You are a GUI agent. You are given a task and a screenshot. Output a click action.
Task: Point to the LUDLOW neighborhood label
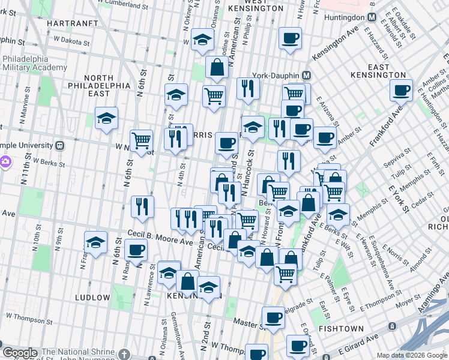(x=92, y=298)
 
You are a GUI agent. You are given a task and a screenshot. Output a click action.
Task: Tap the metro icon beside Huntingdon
(x=372, y=17)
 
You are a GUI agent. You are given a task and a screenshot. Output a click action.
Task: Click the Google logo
(x=20, y=353)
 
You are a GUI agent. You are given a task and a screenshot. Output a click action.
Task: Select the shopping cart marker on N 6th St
(x=141, y=140)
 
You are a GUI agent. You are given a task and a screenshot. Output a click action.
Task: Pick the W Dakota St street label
(x=71, y=43)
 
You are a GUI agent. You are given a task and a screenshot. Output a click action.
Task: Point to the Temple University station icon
(x=59, y=146)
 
